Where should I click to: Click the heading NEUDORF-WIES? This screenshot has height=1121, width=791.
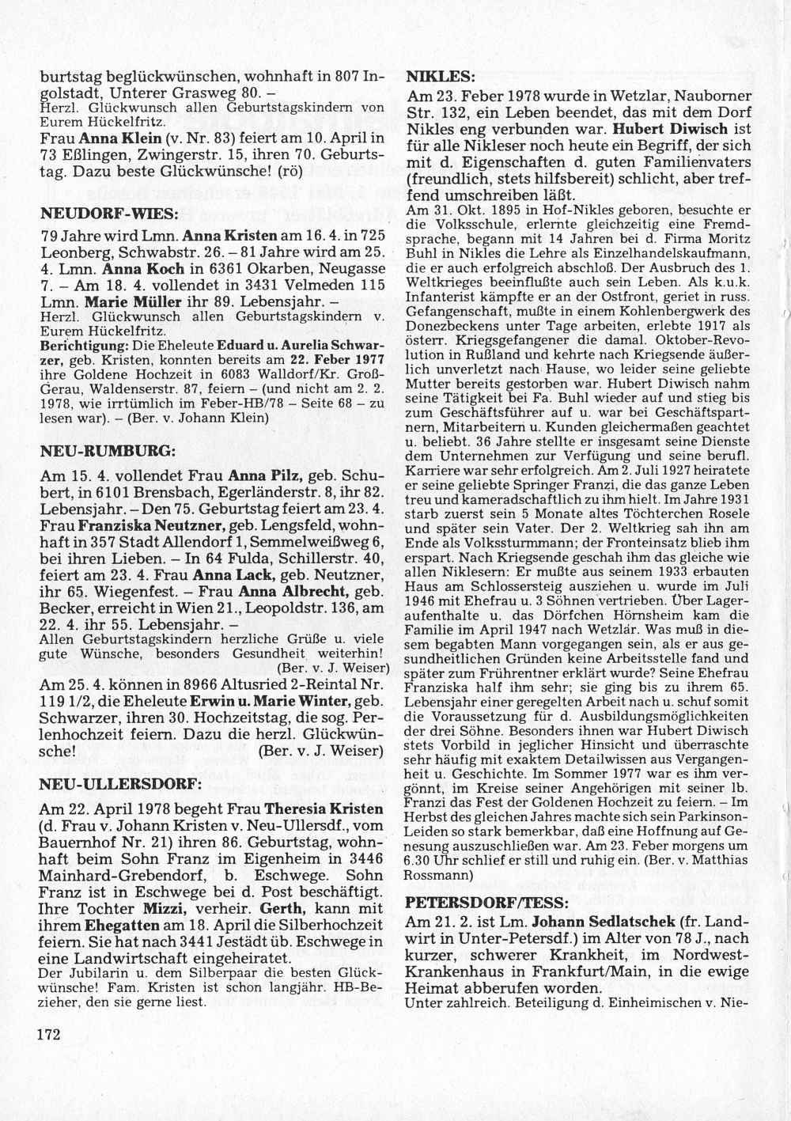[x=110, y=214]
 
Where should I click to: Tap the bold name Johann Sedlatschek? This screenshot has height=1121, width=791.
[x=607, y=922]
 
